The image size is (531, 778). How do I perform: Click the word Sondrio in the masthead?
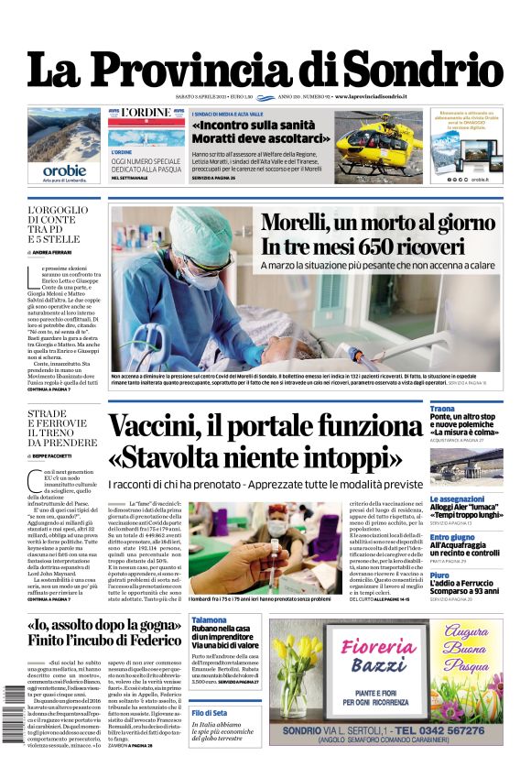(x=423, y=70)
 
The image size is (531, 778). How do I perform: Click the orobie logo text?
(x=64, y=170)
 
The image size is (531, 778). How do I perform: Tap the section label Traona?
(x=443, y=408)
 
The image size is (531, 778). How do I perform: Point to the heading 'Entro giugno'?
(x=452, y=537)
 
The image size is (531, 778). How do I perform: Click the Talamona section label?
(x=209, y=620)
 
